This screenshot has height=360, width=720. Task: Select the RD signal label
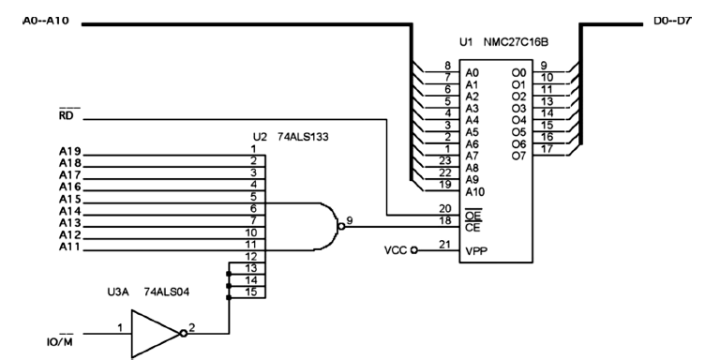coord(67,116)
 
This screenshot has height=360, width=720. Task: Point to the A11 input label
coord(68,247)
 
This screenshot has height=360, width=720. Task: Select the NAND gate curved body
coord(327,224)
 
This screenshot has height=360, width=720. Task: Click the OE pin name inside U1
coord(473,214)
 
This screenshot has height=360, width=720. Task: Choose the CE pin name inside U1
coord(473,226)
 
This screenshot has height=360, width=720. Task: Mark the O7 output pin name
coord(518,155)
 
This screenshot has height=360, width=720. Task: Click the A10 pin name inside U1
coord(476,190)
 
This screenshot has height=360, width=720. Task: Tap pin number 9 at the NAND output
coord(349,220)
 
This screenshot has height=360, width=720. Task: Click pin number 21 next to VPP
coord(444,245)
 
